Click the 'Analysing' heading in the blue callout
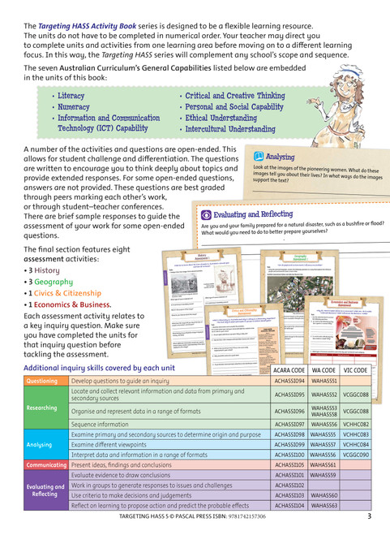coord(280,157)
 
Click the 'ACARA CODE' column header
coord(291,369)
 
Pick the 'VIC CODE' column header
coord(355,369)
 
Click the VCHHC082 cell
coord(355,425)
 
